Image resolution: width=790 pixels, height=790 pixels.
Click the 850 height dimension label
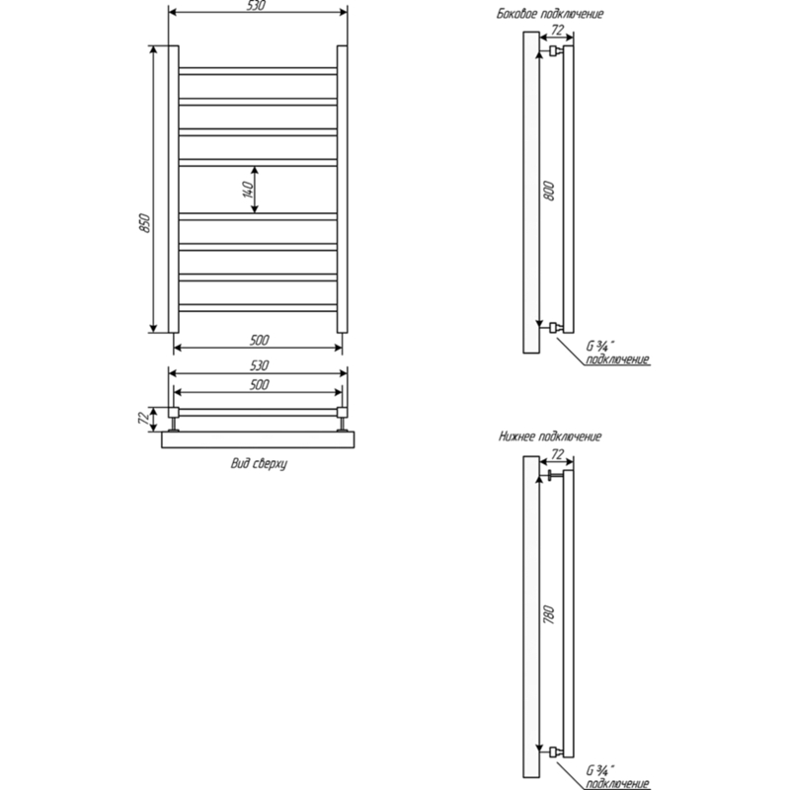tap(144, 223)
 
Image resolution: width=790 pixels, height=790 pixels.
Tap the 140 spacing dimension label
tap(249, 190)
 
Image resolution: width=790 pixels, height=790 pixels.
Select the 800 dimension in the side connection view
tap(549, 191)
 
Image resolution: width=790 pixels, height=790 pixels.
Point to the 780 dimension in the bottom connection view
tap(549, 614)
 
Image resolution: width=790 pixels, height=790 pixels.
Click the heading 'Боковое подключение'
tap(550, 14)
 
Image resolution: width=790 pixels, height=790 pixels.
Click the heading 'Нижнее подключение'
tap(550, 436)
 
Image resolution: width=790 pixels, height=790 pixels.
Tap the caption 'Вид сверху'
tap(259, 463)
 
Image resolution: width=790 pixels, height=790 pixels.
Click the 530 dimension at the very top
tap(257, 6)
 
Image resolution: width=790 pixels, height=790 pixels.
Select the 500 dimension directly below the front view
tap(259, 340)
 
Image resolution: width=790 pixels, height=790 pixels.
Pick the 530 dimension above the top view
tap(259, 365)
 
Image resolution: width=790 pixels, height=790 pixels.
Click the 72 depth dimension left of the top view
tap(144, 418)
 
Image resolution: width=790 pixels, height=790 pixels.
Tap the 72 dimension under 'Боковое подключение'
tap(557, 31)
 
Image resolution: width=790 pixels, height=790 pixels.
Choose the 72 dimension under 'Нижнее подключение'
tap(557, 454)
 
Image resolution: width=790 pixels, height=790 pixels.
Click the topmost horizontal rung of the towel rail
tap(258, 71)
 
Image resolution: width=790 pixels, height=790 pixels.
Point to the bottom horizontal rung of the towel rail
tap(258, 307)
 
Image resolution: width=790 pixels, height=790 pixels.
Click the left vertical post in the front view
tap(174, 190)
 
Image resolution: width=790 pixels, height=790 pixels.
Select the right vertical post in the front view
tap(342, 190)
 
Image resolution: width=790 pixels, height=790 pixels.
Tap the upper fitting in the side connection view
tap(556, 50)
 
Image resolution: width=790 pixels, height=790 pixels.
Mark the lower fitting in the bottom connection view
tap(556, 752)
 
